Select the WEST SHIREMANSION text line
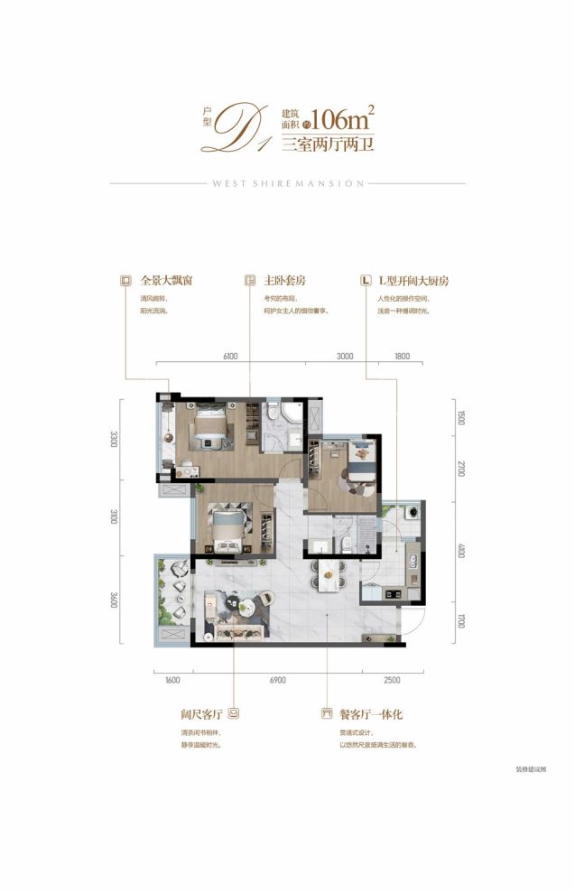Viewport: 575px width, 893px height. (287, 183)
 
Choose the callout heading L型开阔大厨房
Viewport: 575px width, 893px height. (412, 281)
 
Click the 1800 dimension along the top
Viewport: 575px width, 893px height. (402, 357)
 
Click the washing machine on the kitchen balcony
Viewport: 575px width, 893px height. (413, 511)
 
